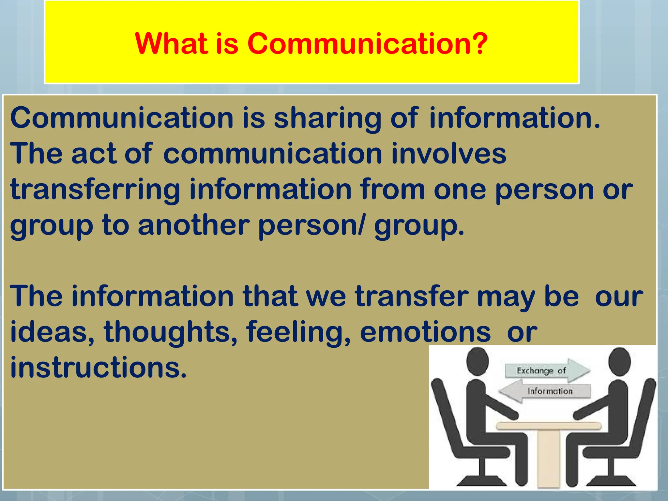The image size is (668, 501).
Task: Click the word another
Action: [193, 225]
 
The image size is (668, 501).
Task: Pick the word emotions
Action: [425, 332]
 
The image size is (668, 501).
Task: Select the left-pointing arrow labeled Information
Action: [545, 391]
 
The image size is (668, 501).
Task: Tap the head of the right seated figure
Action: [619, 361]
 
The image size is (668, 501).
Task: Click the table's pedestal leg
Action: [549, 457]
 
